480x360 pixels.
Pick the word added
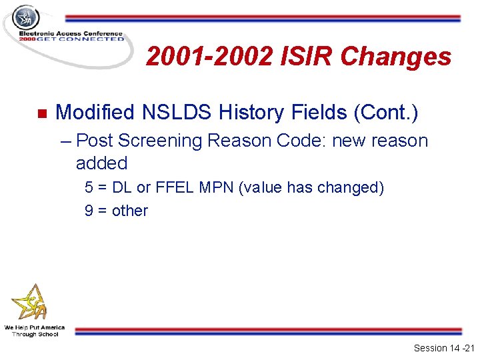pyautogui.click(x=101, y=163)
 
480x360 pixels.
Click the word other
pyautogui.click(x=130, y=211)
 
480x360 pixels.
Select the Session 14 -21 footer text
pyautogui.click(x=443, y=348)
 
